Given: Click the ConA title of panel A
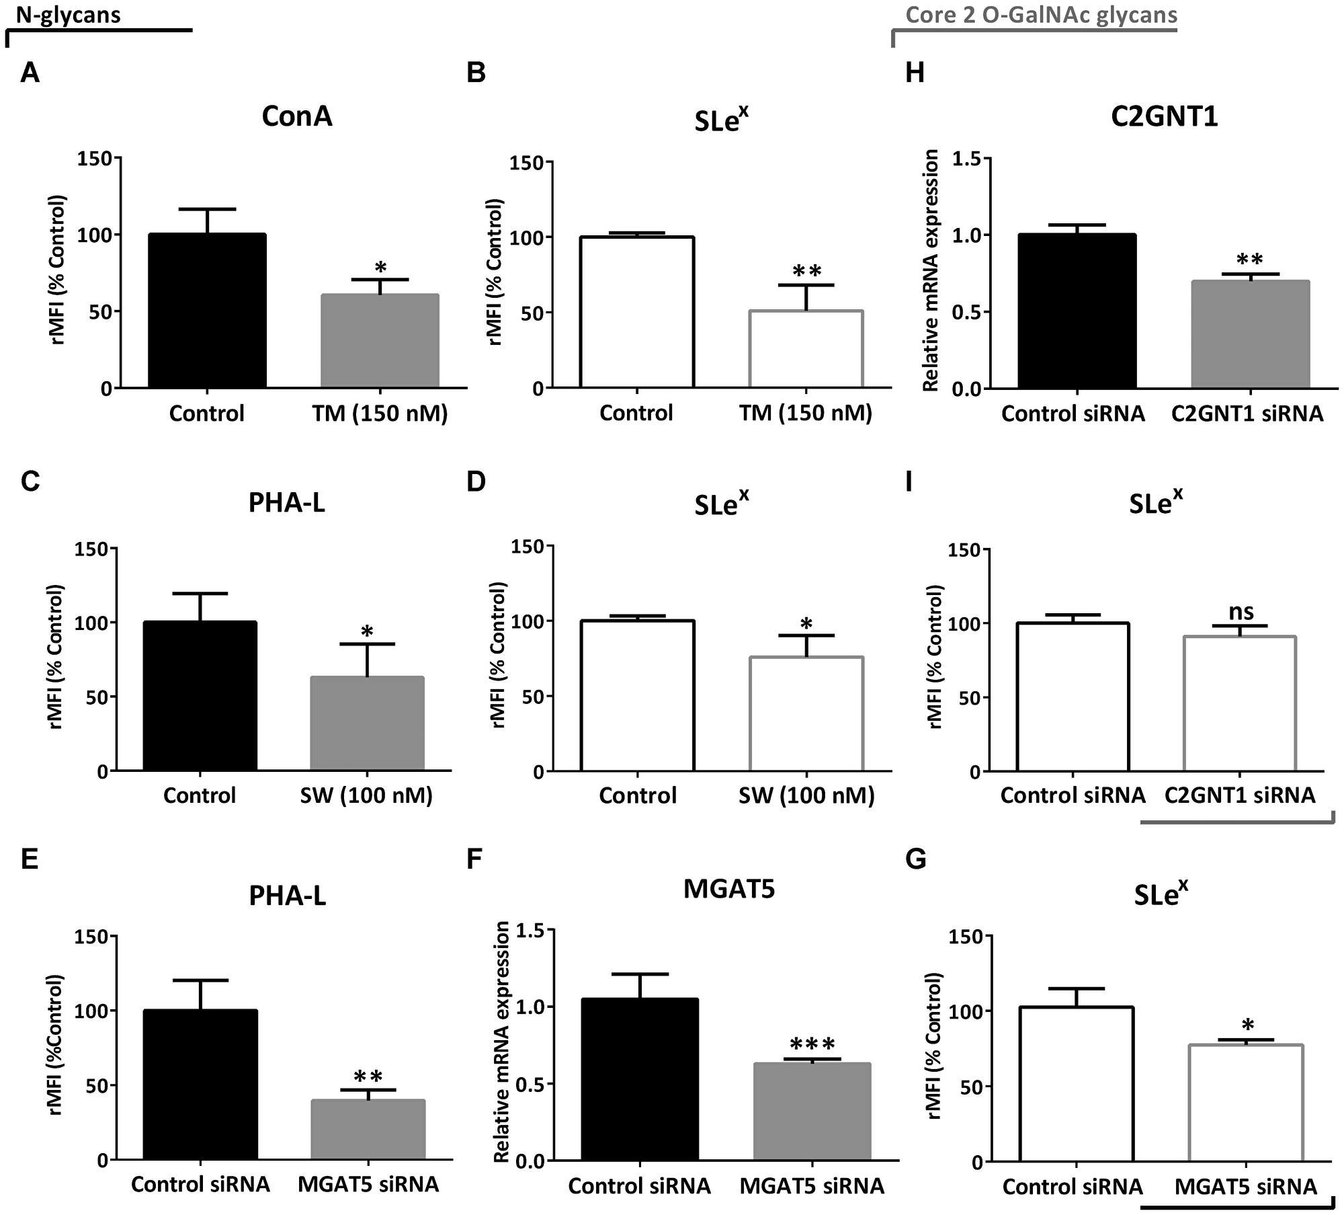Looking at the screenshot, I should coord(296,117).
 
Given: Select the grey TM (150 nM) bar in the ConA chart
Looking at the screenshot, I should coord(380,341).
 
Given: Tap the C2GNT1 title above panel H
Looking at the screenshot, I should coord(1164,117).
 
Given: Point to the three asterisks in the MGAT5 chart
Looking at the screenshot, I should coord(812,1044).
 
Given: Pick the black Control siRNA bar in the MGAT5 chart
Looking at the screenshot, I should coord(640,1078).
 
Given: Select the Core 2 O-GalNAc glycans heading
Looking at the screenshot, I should coord(1041,15).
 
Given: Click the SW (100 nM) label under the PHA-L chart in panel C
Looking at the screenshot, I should coord(365,795).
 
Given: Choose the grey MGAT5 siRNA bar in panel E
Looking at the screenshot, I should coord(368,1128).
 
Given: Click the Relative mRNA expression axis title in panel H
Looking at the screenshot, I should coord(931,271).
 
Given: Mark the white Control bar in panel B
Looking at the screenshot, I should coord(636,312).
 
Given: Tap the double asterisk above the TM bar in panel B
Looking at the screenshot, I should coord(806,272).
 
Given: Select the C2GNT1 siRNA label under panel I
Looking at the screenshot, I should coord(1239,795).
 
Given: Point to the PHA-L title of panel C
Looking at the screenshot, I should coord(287,503).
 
